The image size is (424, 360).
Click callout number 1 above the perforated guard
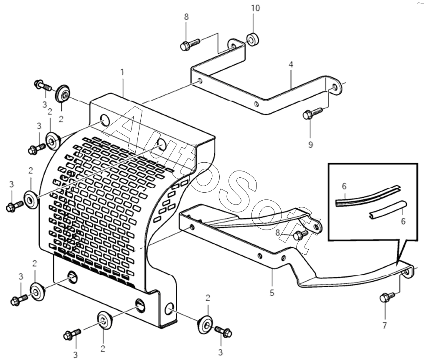[x=122, y=72]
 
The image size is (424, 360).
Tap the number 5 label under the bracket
[x=272, y=293]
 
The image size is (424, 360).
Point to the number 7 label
[x=385, y=325]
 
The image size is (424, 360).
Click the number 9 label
[x=310, y=145]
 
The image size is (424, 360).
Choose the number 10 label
[x=255, y=8]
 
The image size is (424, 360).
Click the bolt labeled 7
[x=386, y=298]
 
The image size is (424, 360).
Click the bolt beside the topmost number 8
[x=190, y=44]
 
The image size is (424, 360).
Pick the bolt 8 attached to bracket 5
[x=300, y=235]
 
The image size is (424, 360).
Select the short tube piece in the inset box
[x=386, y=209]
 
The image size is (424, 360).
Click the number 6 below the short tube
[x=403, y=221]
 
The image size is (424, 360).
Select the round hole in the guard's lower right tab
[x=170, y=309]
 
